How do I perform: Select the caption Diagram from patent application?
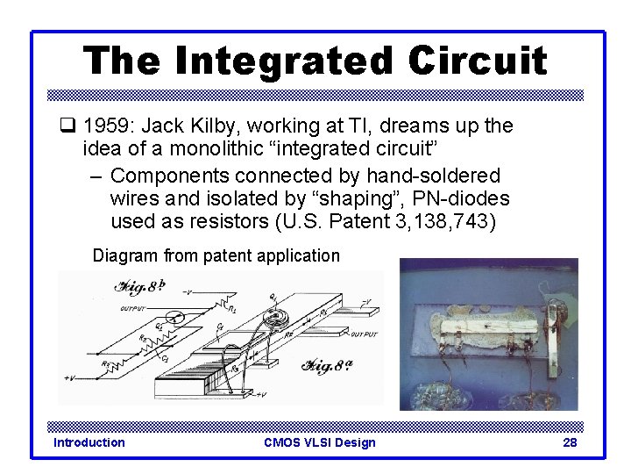point(216,256)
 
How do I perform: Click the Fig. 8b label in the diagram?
point(140,287)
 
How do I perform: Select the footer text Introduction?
point(89,442)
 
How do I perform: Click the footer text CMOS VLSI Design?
point(319,442)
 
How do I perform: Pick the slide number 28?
point(570,442)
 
